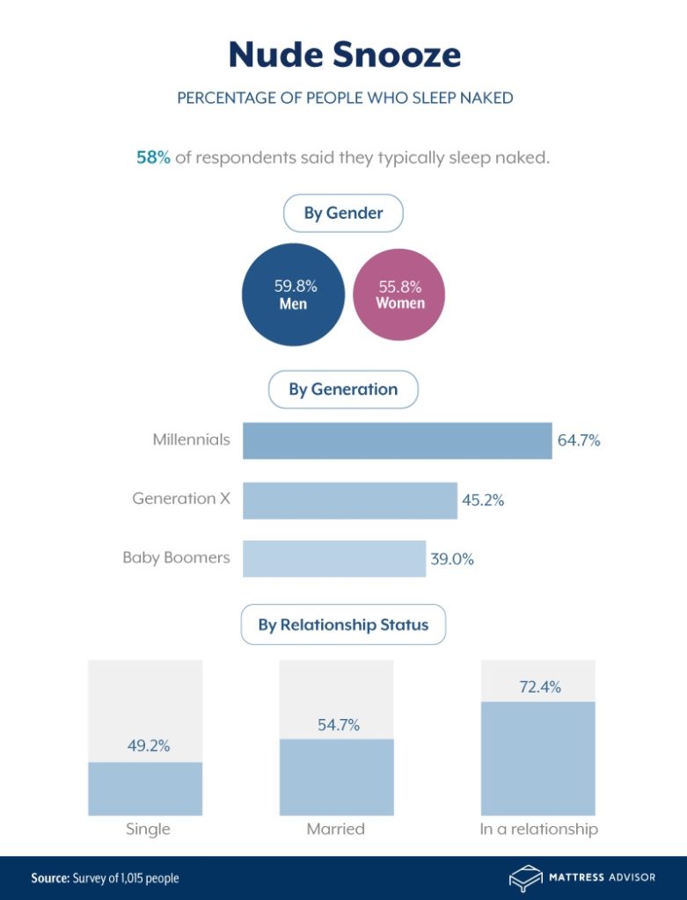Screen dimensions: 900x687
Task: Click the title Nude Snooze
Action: [344, 54]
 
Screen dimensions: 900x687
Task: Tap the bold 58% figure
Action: [153, 158]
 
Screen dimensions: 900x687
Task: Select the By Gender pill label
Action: [343, 214]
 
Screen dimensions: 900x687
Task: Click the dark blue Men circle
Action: [294, 294]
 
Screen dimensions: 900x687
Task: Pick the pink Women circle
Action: [399, 294]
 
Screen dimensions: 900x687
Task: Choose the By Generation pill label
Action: [343, 389]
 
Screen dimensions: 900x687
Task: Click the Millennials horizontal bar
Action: [397, 440]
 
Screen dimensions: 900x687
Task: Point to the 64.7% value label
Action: [579, 441]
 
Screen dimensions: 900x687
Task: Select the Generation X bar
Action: [350, 500]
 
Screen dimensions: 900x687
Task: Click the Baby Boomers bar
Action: [333, 558]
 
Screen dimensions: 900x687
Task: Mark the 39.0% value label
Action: [451, 559]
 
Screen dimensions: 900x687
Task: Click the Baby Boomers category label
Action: [176, 557]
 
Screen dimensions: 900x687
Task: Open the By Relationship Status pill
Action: [343, 626]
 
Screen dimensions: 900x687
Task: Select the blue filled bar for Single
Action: [145, 788]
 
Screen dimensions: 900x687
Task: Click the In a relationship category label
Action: [538, 829]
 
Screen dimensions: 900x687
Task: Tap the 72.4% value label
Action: [539, 687]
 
